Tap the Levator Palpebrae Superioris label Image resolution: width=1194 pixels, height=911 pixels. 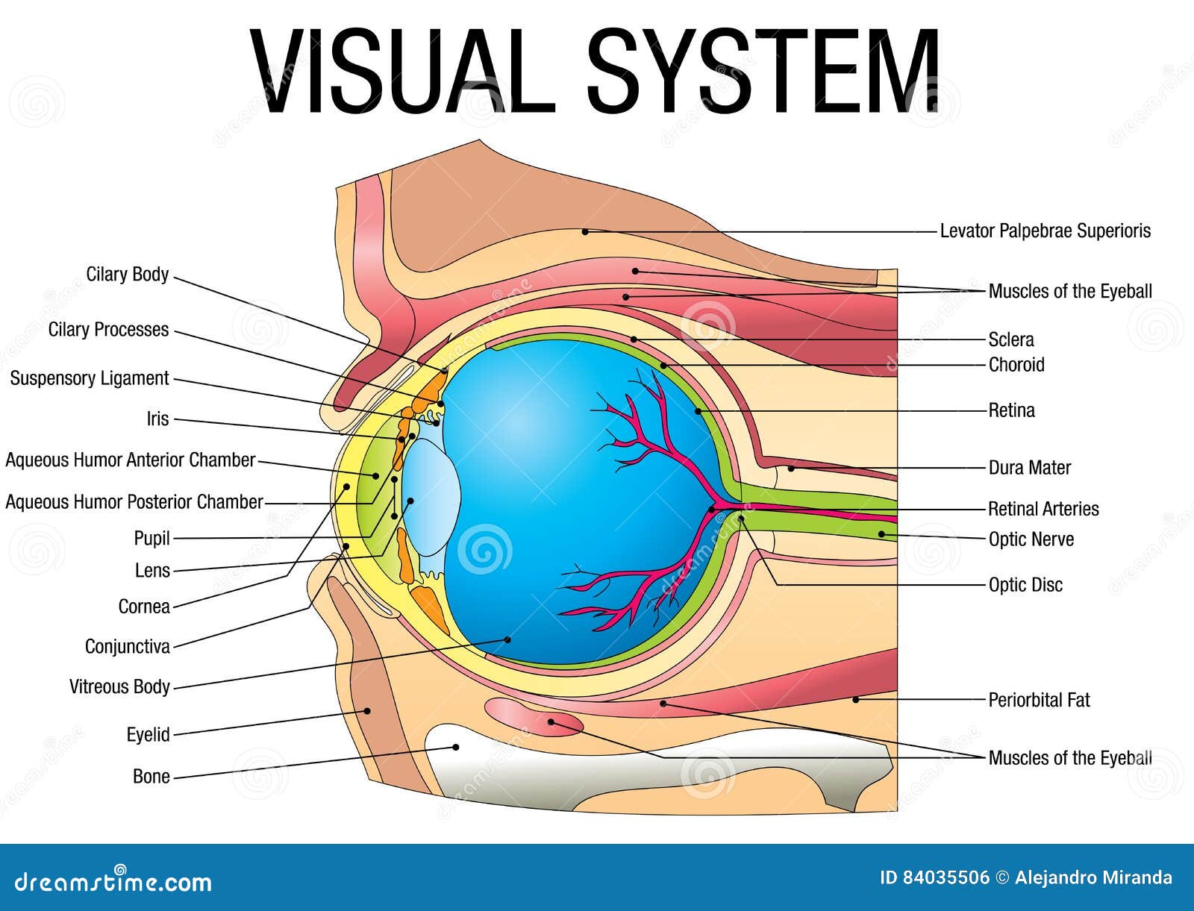[x=1045, y=231]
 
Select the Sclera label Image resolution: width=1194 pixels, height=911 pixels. [x=1011, y=340]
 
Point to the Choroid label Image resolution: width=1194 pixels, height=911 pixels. [x=1016, y=365]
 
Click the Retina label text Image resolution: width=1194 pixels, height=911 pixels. [x=1011, y=410]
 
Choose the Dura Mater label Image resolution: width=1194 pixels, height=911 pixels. [x=1029, y=468]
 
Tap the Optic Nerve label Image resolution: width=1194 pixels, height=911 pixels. [x=1031, y=539]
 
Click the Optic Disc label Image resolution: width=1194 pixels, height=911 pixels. [x=1025, y=585]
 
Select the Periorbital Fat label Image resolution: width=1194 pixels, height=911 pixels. [x=1039, y=700]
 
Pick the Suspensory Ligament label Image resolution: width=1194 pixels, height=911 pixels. [x=90, y=378]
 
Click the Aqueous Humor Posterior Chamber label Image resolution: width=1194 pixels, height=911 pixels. [x=134, y=502]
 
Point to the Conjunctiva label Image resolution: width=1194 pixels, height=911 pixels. [x=128, y=646]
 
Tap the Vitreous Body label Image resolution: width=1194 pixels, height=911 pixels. [x=119, y=686]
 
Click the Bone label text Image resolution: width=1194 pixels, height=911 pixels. [x=151, y=777]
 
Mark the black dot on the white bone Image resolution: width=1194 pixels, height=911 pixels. [x=456, y=746]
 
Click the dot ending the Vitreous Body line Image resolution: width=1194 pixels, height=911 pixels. [x=508, y=639]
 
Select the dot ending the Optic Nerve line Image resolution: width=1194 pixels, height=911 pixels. [x=881, y=534]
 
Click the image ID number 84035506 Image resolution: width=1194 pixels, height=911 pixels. [x=945, y=877]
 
